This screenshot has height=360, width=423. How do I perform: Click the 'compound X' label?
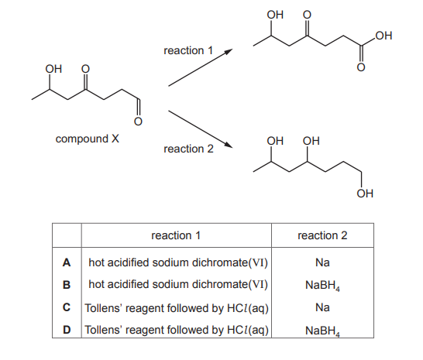[87, 139]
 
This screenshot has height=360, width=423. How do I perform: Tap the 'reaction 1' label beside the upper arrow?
[188, 50]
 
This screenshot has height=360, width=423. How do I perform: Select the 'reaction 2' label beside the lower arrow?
[188, 149]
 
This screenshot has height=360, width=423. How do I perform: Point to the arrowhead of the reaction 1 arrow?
[229, 51]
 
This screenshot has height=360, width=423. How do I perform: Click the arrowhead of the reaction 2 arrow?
[229, 146]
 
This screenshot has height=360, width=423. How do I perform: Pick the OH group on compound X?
[53, 69]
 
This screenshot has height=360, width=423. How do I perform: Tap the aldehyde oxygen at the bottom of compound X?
[138, 122]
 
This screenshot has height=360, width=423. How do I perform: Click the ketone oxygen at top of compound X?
[85, 69]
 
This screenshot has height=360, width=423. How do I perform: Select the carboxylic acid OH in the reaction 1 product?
[383, 36]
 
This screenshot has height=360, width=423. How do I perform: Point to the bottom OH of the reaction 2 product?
[365, 194]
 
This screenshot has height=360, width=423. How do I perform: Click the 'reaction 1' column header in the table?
[176, 235]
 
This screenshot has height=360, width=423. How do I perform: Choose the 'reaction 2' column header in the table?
[322, 235]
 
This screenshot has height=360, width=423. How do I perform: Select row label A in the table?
[67, 262]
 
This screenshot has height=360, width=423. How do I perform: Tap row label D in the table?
[67, 330]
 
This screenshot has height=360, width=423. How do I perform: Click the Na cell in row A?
[322, 262]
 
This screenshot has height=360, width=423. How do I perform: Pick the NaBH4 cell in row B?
[322, 286]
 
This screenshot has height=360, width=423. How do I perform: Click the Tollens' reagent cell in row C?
[177, 308]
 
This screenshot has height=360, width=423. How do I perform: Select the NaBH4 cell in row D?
[322, 331]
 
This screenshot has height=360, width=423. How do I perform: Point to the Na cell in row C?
[322, 307]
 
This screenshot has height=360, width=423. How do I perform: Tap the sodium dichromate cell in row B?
[178, 284]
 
